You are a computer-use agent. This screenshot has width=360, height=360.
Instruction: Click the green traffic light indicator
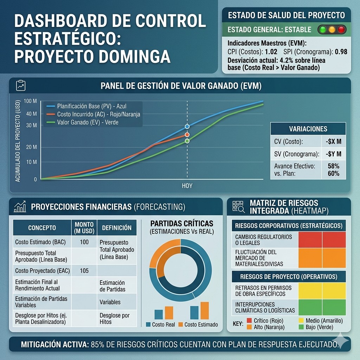click(x=322, y=30)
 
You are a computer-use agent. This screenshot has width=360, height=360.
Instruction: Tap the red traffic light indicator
click(x=341, y=30)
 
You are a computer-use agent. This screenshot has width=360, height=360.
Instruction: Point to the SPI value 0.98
click(x=341, y=52)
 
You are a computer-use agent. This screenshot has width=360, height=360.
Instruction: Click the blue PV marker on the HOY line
click(x=187, y=126)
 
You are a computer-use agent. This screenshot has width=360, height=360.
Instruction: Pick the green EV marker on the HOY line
click(x=187, y=141)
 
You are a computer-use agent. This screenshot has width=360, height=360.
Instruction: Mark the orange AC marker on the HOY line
click(x=187, y=135)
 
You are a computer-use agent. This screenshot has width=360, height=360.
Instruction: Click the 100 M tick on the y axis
click(x=30, y=101)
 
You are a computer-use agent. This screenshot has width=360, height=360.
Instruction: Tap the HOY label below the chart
click(x=187, y=186)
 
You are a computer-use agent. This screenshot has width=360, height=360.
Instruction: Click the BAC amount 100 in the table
click(x=84, y=242)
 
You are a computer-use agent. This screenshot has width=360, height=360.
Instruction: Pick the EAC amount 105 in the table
click(x=84, y=271)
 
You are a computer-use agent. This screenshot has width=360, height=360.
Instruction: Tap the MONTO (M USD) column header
click(x=84, y=227)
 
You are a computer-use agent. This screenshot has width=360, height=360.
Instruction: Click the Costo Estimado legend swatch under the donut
click(x=181, y=324)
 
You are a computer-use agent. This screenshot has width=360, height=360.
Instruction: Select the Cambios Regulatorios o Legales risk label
click(x=264, y=240)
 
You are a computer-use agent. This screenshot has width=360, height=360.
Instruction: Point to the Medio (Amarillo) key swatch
click(x=301, y=321)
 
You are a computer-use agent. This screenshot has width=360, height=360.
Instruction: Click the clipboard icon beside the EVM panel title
click(x=21, y=85)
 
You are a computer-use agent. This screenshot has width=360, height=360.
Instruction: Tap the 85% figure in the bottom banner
click(x=98, y=345)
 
